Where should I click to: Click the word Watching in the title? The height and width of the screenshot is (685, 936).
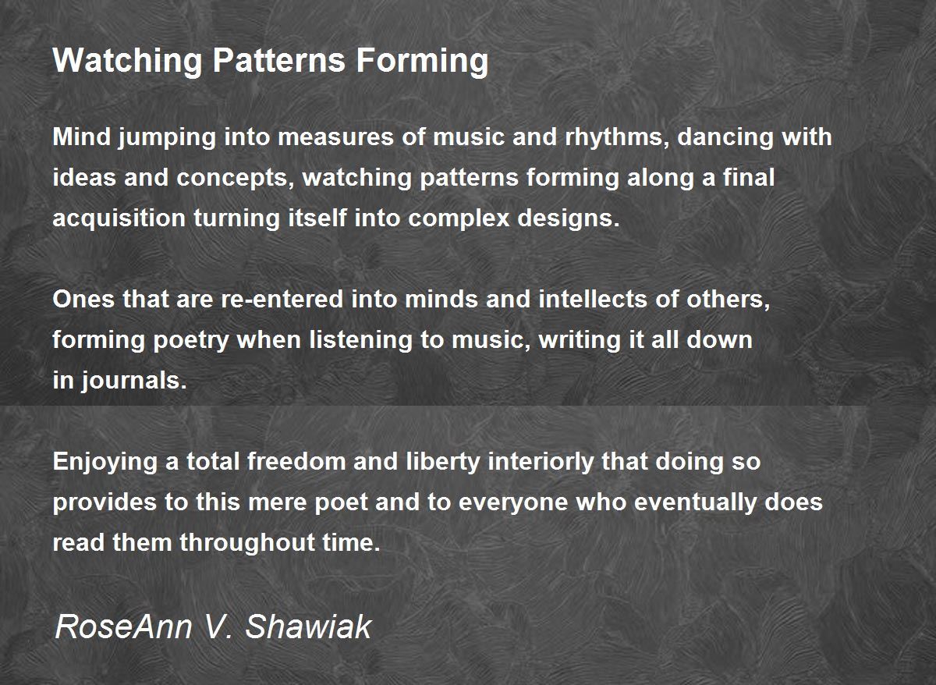127,61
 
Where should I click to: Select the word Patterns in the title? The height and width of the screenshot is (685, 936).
279,60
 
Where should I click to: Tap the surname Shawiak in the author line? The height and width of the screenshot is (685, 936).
308,626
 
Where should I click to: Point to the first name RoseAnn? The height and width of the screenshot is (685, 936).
123,626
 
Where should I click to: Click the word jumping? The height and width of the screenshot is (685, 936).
167,137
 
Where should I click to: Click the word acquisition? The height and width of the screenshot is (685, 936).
119,218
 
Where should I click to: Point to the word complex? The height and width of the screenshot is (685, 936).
459,218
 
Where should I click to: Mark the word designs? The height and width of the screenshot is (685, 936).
569,218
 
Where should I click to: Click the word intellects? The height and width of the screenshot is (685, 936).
593,300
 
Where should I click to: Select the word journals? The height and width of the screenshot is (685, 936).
134,381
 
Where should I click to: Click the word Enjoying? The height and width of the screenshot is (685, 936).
105,462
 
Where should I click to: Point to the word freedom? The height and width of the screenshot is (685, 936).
296,461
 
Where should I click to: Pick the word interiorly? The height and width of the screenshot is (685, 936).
541,462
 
